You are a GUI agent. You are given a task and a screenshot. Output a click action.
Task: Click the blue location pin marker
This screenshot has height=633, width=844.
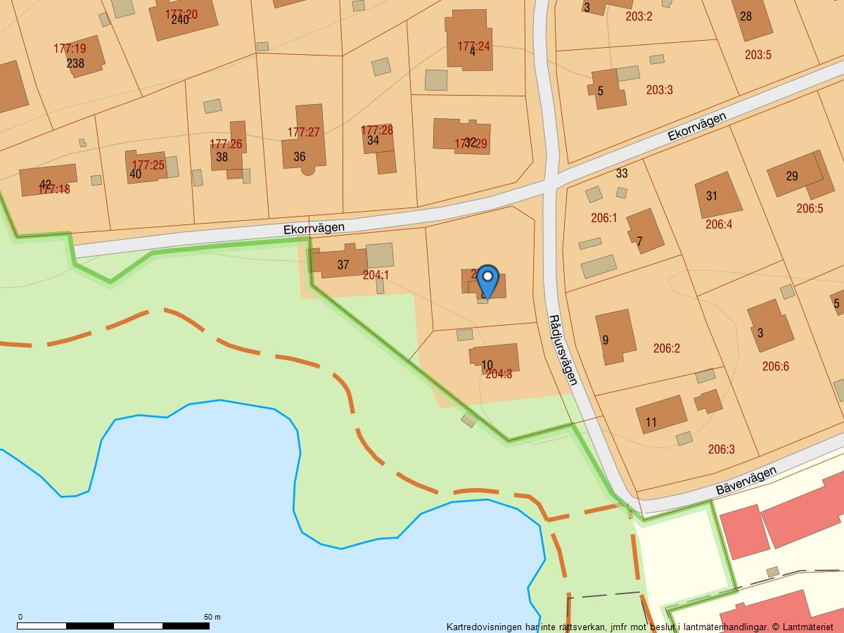click(487, 281)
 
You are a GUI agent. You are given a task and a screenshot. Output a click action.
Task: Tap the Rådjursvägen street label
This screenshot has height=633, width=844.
click(563, 350)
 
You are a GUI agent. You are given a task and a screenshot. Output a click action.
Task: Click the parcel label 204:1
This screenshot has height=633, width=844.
click(376, 275)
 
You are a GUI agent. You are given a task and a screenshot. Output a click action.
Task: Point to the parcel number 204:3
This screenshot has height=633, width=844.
click(499, 374)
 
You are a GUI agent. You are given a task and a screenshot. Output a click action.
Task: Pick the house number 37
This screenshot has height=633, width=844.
click(343, 265)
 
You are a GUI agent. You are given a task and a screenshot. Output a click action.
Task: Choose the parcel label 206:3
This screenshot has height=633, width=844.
click(721, 449)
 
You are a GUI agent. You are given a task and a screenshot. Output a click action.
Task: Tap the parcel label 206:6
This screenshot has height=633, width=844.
click(775, 366)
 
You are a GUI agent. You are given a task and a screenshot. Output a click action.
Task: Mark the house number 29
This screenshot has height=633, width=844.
click(792, 177)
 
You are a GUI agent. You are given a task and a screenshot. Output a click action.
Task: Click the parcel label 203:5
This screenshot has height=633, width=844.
click(758, 55)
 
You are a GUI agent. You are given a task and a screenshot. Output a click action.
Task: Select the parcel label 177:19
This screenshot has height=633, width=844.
click(70, 49)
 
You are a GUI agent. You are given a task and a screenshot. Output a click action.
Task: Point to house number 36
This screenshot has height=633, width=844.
click(300, 157)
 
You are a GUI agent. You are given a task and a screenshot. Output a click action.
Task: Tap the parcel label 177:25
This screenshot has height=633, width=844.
click(148, 166)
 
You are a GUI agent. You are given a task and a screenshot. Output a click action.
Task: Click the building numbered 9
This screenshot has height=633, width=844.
click(615, 337)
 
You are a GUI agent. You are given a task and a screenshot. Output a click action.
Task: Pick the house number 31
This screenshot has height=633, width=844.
click(712, 196)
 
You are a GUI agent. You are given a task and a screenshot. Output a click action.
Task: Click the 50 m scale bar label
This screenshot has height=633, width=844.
click(212, 617)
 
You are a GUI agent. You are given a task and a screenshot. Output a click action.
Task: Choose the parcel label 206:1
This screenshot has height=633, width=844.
click(603, 218)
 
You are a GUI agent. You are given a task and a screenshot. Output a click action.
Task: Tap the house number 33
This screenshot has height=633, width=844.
click(622, 173)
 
